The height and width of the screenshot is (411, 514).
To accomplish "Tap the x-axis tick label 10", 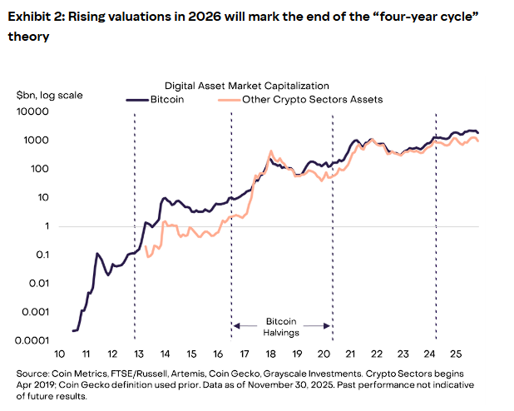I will pyautogui.click(x=58, y=352).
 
